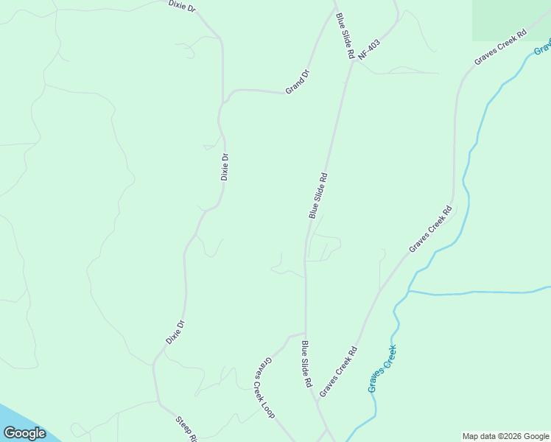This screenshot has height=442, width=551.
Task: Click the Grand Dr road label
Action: (298, 81)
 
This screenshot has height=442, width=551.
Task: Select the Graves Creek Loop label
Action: (264, 388)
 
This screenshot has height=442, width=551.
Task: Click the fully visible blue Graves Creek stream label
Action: (382, 368)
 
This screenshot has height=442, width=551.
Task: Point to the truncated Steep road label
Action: (186, 429)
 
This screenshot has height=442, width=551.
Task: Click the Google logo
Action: (24, 433)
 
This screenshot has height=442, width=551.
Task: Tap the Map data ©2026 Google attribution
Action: (506, 436)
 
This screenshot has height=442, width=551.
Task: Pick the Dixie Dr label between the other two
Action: (225, 166)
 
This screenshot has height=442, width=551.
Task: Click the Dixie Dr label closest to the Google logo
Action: (174, 332)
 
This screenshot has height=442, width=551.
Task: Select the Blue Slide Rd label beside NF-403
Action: (345, 35)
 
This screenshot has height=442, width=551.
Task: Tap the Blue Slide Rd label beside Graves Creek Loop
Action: (306, 364)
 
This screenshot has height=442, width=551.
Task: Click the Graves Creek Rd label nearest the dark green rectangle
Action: (501, 46)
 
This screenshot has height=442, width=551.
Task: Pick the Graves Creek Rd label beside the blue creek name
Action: (338, 372)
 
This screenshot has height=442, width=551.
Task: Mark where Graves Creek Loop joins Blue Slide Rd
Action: (305, 333)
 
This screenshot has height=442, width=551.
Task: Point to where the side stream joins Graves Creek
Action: (408, 291)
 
